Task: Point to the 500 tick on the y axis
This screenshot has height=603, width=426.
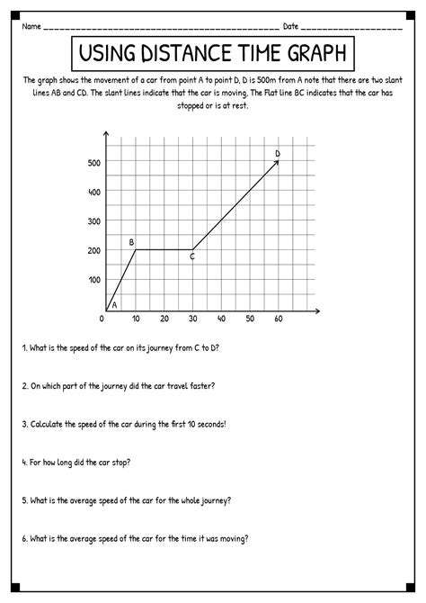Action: [93, 163]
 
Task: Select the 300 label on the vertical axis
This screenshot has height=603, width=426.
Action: [93, 221]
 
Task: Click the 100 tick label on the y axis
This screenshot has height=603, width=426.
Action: [93, 280]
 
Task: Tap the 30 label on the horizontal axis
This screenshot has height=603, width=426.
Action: [191, 319]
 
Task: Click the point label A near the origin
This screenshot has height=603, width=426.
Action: [114, 304]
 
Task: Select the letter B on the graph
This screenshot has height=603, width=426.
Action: [131, 242]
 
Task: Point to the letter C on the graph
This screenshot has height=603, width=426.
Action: [192, 257]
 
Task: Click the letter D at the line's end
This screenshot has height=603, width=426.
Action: [277, 154]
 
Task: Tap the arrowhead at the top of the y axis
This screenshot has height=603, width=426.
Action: [106, 135]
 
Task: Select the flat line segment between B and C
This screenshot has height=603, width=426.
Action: [164, 250]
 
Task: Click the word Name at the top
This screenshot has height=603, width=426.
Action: [31, 26]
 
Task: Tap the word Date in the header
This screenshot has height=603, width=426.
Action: [290, 26]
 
